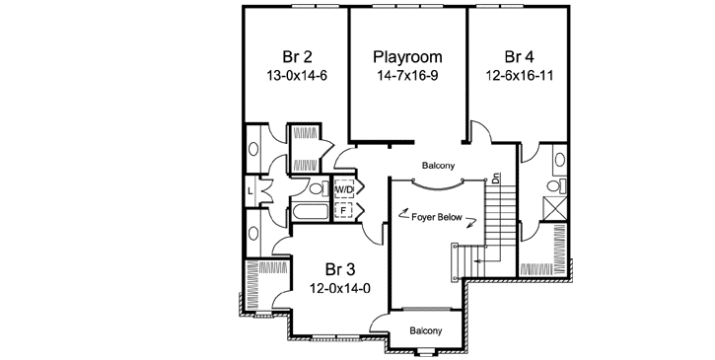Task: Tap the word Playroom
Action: click(407, 56)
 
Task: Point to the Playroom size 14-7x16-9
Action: click(407, 75)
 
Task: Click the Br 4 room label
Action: click(520, 56)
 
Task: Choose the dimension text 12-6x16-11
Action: click(520, 75)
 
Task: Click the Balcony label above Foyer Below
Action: click(439, 166)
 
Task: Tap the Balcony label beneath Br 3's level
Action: click(425, 331)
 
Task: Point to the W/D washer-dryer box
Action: click(345, 188)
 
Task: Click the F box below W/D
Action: click(345, 209)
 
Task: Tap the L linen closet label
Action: click(251, 188)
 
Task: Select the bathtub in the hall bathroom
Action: click(310, 212)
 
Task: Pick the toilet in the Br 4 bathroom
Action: click(553, 184)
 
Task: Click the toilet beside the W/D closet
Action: click(317, 188)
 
